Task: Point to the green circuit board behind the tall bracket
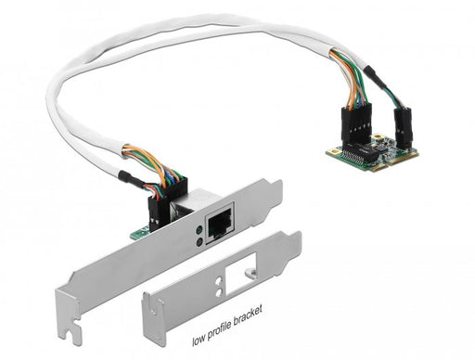coord(138,233)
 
